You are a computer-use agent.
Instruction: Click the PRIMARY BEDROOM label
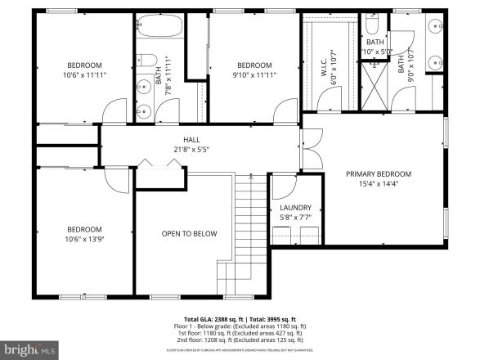(x=378, y=173)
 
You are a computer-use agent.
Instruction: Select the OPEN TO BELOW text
(x=189, y=234)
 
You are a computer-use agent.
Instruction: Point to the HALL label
(x=191, y=140)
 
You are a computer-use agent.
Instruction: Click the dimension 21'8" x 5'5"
(x=191, y=150)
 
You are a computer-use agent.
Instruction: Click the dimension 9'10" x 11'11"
(x=254, y=74)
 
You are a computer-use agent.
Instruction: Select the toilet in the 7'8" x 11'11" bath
(x=143, y=60)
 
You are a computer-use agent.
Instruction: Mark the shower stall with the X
(x=377, y=83)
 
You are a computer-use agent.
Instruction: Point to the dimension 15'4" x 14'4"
(x=378, y=183)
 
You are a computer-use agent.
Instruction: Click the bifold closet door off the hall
(x=157, y=166)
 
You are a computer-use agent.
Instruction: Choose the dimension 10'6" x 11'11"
(x=83, y=74)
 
